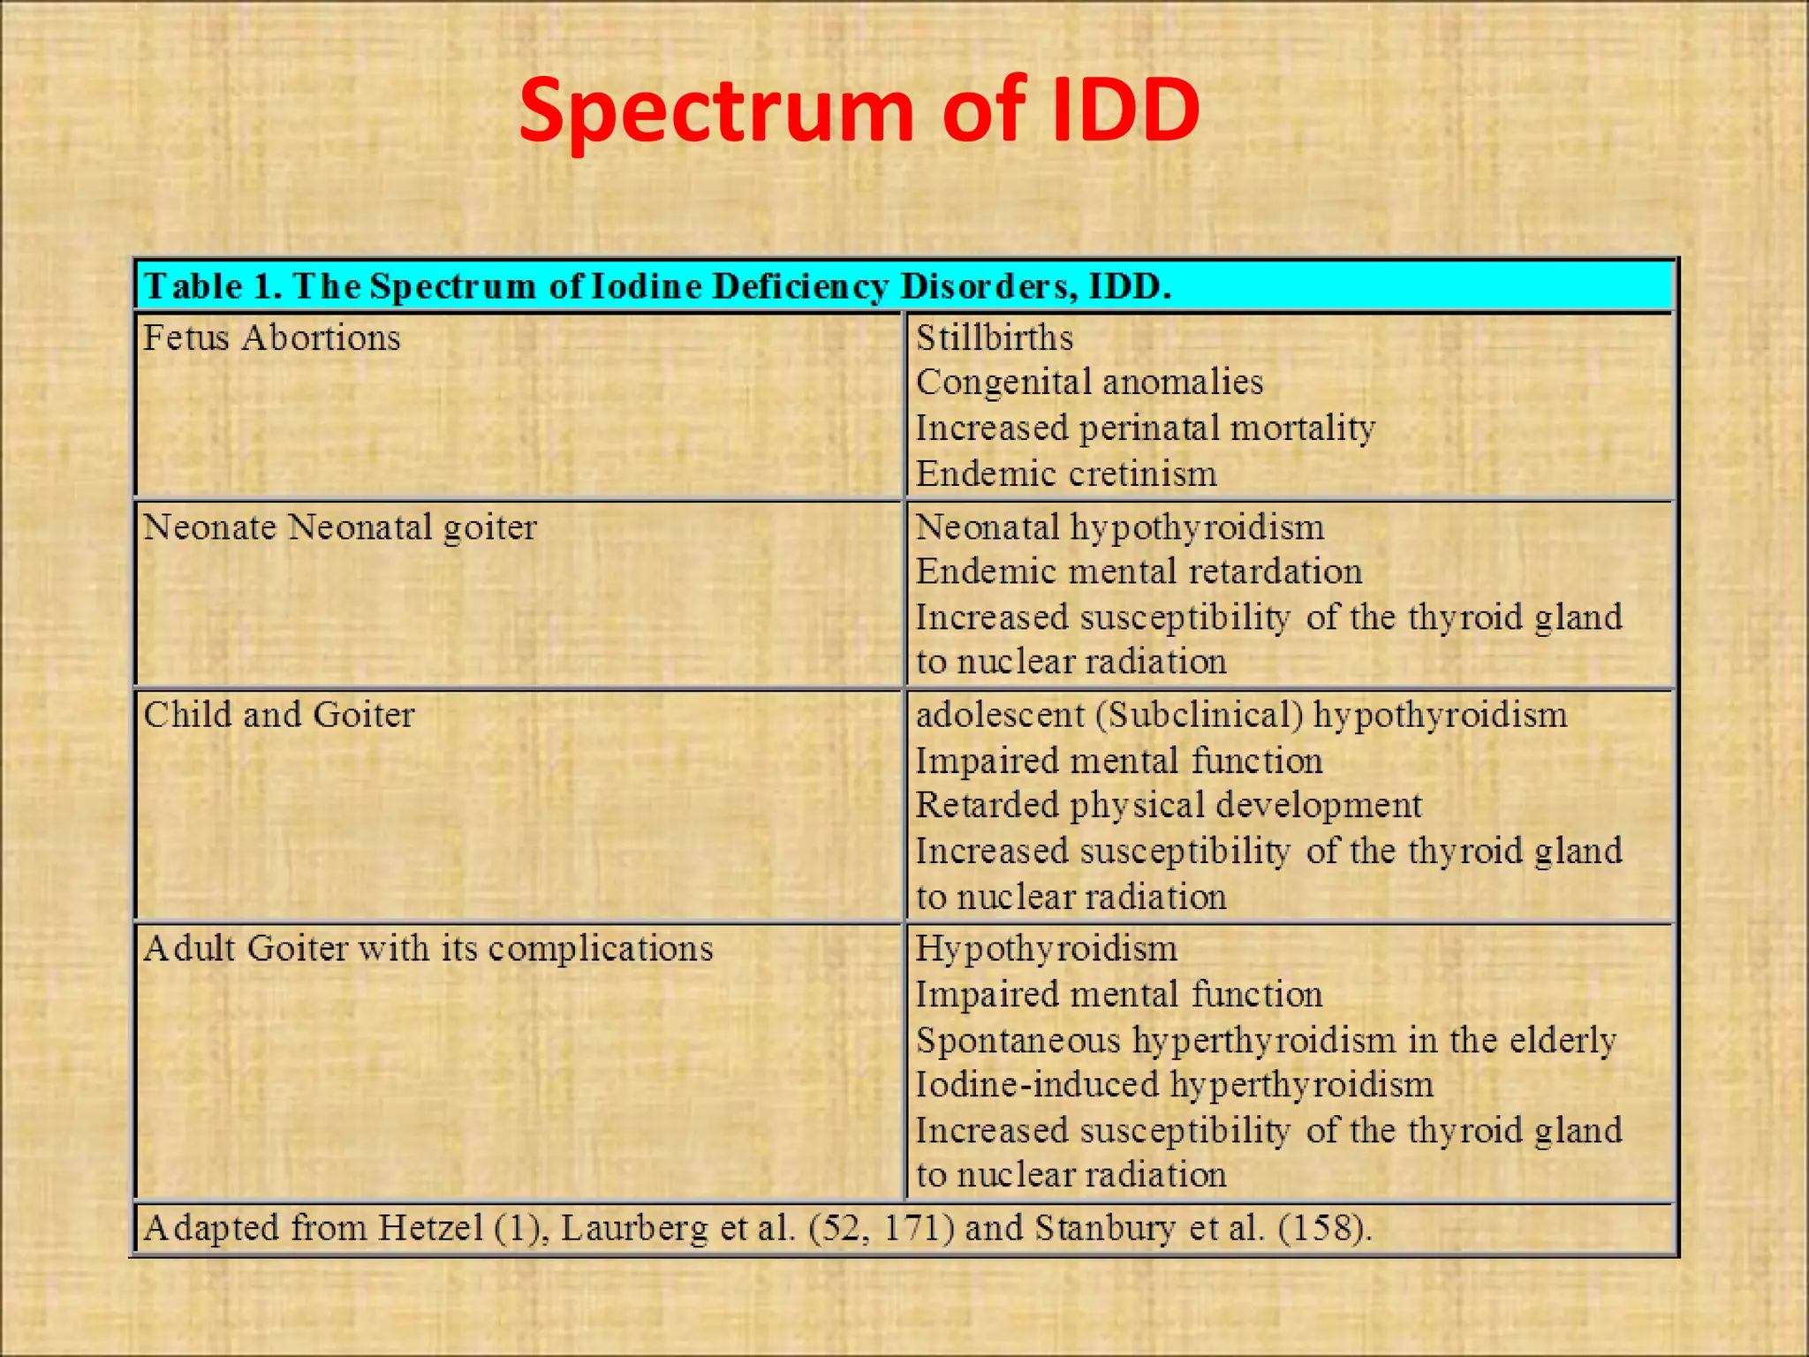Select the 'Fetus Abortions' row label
coord(271,337)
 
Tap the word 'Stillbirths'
coord(994,337)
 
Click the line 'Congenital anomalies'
coord(1089,383)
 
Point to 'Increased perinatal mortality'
coord(1145,428)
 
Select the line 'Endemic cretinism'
coord(1066,474)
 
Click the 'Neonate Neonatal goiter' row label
coord(339,527)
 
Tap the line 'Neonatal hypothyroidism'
coord(1119,527)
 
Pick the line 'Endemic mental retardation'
coord(1139,572)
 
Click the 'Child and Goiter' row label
coord(278,715)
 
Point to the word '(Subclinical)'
coord(1199,715)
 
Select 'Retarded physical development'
coord(1168,806)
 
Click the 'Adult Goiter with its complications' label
coord(428,949)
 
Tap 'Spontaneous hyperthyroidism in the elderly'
coord(1266,1041)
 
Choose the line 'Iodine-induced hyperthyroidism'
coord(1174,1085)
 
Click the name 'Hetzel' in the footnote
coord(430,1228)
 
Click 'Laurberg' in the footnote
coord(634,1228)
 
